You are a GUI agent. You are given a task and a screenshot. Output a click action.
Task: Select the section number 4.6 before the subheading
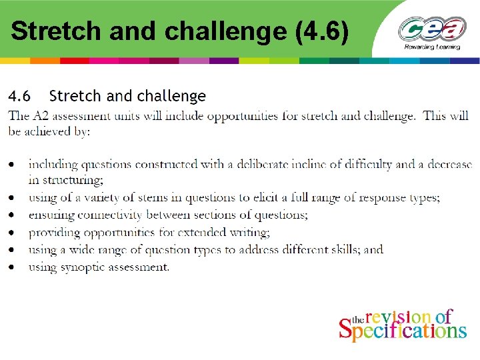(19, 97)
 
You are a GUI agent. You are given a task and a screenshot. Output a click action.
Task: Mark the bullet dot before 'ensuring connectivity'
(12, 215)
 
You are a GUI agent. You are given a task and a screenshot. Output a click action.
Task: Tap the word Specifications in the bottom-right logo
(403, 331)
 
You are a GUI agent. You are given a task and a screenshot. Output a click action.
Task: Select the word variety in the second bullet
(105, 197)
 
